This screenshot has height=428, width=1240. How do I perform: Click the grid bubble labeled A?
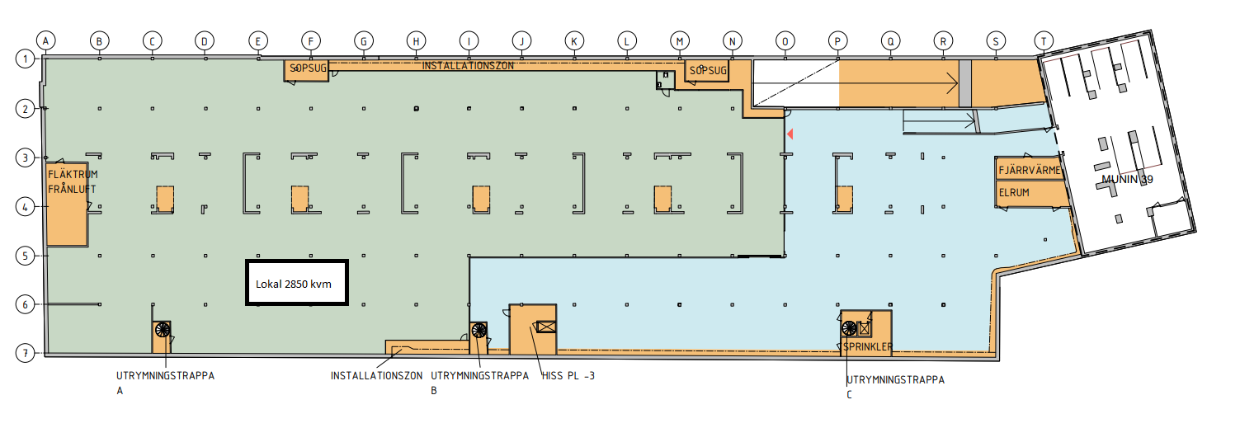pyautogui.click(x=46, y=40)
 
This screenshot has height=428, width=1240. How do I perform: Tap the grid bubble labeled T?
pyautogui.click(x=1044, y=41)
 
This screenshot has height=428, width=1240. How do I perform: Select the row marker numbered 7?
pyautogui.click(x=25, y=353)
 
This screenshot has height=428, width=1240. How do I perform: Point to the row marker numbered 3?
pyautogui.click(x=25, y=158)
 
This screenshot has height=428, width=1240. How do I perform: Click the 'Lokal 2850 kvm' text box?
pyautogui.click(x=297, y=282)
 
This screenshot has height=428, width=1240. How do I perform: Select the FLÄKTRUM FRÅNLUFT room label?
pyautogui.click(x=73, y=181)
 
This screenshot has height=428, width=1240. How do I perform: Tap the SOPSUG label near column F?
pyautogui.click(x=309, y=68)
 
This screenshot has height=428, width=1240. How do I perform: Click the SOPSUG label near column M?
pyautogui.click(x=708, y=70)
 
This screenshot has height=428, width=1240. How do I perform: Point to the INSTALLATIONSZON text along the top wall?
pyautogui.click(x=468, y=66)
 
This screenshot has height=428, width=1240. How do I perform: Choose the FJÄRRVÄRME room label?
pyautogui.click(x=1030, y=170)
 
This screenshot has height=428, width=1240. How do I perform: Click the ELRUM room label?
pyautogui.click(x=1014, y=193)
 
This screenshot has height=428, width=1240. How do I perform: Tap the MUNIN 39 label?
pyautogui.click(x=1127, y=180)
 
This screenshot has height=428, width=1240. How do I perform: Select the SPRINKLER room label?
pyautogui.click(x=867, y=346)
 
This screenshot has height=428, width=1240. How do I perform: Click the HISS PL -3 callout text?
pyautogui.click(x=568, y=375)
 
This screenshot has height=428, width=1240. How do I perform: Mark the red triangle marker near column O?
pyautogui.click(x=790, y=134)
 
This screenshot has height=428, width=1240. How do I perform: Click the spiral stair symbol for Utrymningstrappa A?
pyautogui.click(x=163, y=329)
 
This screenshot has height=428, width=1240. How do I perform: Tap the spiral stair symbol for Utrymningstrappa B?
pyautogui.click(x=479, y=331)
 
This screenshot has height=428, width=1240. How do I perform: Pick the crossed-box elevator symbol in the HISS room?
pyautogui.click(x=546, y=327)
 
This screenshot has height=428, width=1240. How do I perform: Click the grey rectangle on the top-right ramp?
pyautogui.click(x=965, y=83)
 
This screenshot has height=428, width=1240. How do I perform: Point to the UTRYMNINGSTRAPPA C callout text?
pyautogui.click(x=895, y=387)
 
